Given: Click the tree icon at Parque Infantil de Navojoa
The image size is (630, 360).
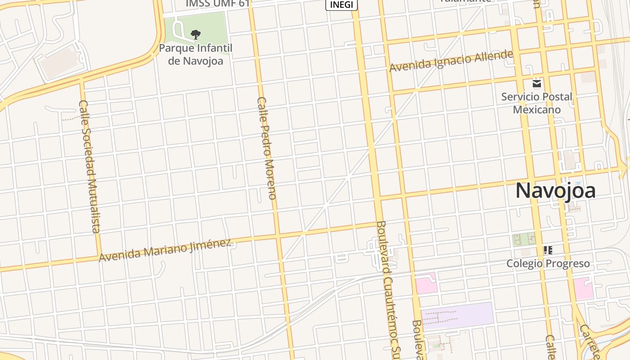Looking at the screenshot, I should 195,34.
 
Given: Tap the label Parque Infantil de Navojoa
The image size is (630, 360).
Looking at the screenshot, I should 195,54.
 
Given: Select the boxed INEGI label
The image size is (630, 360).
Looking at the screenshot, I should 342,4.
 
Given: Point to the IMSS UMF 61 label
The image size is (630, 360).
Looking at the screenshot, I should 218,4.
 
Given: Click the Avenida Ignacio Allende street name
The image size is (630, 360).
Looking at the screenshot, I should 451,61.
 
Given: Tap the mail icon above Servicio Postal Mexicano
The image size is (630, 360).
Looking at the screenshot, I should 536,83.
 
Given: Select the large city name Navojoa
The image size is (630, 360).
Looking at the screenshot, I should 555,190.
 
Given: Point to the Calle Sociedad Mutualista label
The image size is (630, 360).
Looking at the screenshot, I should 89,166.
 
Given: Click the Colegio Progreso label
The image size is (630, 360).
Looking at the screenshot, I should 548,263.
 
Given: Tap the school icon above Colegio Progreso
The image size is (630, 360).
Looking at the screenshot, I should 548,250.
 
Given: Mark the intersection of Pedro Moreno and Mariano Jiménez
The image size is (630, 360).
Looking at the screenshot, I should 278,235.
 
